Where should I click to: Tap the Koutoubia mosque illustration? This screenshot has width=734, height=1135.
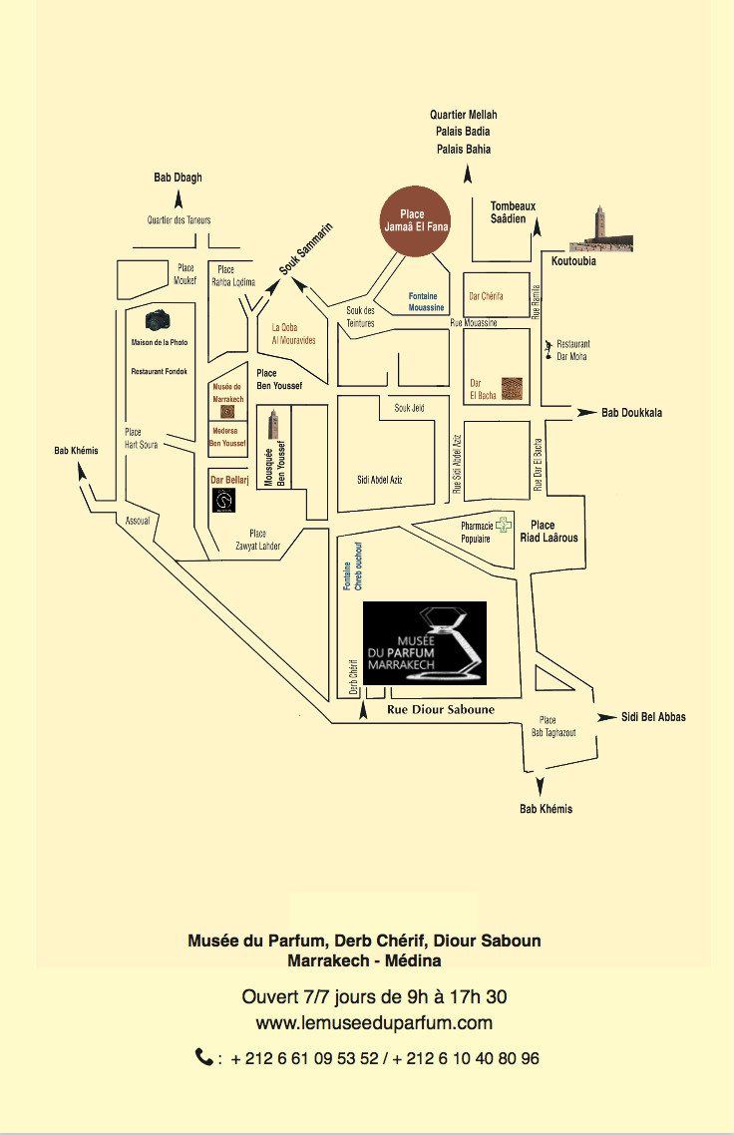click(x=600, y=231)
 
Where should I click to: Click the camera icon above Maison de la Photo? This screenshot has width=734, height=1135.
click(x=159, y=320)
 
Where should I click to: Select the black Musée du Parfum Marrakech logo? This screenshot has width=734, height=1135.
click(x=424, y=643)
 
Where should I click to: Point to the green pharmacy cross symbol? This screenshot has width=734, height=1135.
click(x=505, y=525)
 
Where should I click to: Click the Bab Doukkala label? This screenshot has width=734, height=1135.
click(x=631, y=412)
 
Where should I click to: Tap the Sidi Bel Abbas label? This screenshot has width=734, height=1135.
click(x=653, y=717)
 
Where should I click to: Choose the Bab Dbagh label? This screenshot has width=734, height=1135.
click(x=178, y=178)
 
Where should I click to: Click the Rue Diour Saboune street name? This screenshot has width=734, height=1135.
click(x=440, y=710)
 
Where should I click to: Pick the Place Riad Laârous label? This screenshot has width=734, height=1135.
click(x=549, y=532)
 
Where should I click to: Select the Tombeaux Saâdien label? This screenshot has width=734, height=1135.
click(x=513, y=212)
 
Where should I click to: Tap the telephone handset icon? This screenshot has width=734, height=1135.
click(x=203, y=1057)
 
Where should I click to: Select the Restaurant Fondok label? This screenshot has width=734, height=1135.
click(x=159, y=370)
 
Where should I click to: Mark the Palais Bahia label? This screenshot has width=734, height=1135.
click(x=463, y=149)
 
